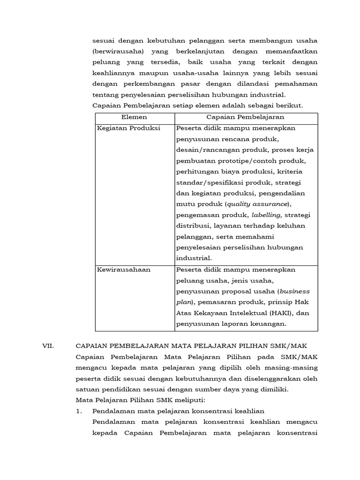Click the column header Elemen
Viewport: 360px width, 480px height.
135,117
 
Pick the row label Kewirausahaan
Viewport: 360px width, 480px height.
124,270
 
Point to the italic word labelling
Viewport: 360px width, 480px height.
266,215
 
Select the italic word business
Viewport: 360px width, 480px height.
294,291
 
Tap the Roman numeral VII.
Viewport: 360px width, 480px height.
49,346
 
